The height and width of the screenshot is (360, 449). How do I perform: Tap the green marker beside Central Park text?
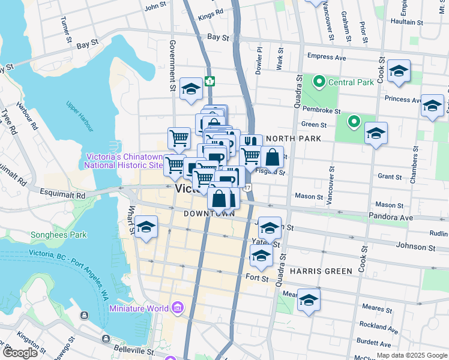click(319, 81)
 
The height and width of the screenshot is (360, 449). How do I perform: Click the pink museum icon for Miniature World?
click(177, 308)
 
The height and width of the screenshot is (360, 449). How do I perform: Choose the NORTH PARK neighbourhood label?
click(292, 139)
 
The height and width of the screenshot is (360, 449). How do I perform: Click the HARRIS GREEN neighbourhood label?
click(321, 271)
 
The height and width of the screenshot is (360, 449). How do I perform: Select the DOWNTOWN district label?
click(209, 214)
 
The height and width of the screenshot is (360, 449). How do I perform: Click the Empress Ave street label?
click(327, 57)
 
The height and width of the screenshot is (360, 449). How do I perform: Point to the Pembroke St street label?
click(321, 111)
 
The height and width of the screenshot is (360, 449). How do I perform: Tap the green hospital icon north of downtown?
click(209, 81)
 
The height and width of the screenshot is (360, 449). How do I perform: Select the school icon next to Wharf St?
click(145, 227)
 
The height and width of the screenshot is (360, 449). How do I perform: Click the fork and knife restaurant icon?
click(251, 142)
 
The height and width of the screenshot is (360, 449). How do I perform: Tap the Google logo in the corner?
click(20, 353)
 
